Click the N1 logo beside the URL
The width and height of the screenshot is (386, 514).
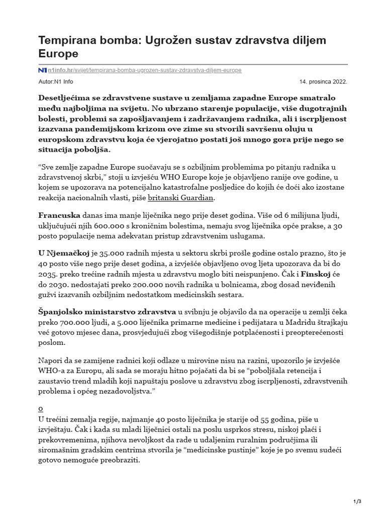[x=43, y=70]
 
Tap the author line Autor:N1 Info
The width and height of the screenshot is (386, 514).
[x=55, y=81]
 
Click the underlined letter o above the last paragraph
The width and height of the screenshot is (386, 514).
[x=41, y=408]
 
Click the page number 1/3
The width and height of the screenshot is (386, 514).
[x=358, y=501]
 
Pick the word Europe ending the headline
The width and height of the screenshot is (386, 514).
[x=58, y=53]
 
